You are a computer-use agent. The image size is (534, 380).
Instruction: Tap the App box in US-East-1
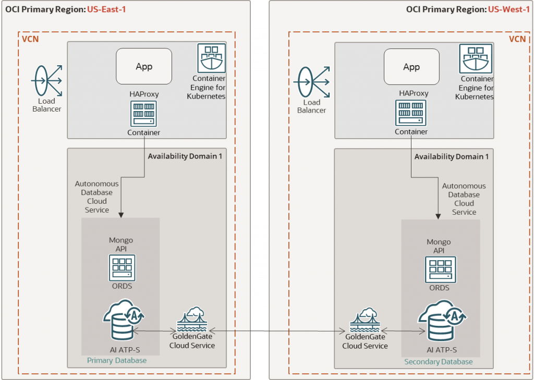tap(144, 66)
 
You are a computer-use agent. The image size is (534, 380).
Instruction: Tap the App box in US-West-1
tap(411, 67)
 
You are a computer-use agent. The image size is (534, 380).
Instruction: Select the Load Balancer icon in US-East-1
tap(47, 81)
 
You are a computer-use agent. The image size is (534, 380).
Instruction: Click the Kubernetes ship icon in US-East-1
tap(211, 58)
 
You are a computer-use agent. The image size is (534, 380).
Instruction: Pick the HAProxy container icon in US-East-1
tap(144, 113)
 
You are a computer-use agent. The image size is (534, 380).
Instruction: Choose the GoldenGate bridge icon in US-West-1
tap(365, 323)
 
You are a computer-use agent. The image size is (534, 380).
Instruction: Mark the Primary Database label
tap(117, 360)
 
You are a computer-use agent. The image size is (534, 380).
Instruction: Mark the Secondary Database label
tap(439, 362)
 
